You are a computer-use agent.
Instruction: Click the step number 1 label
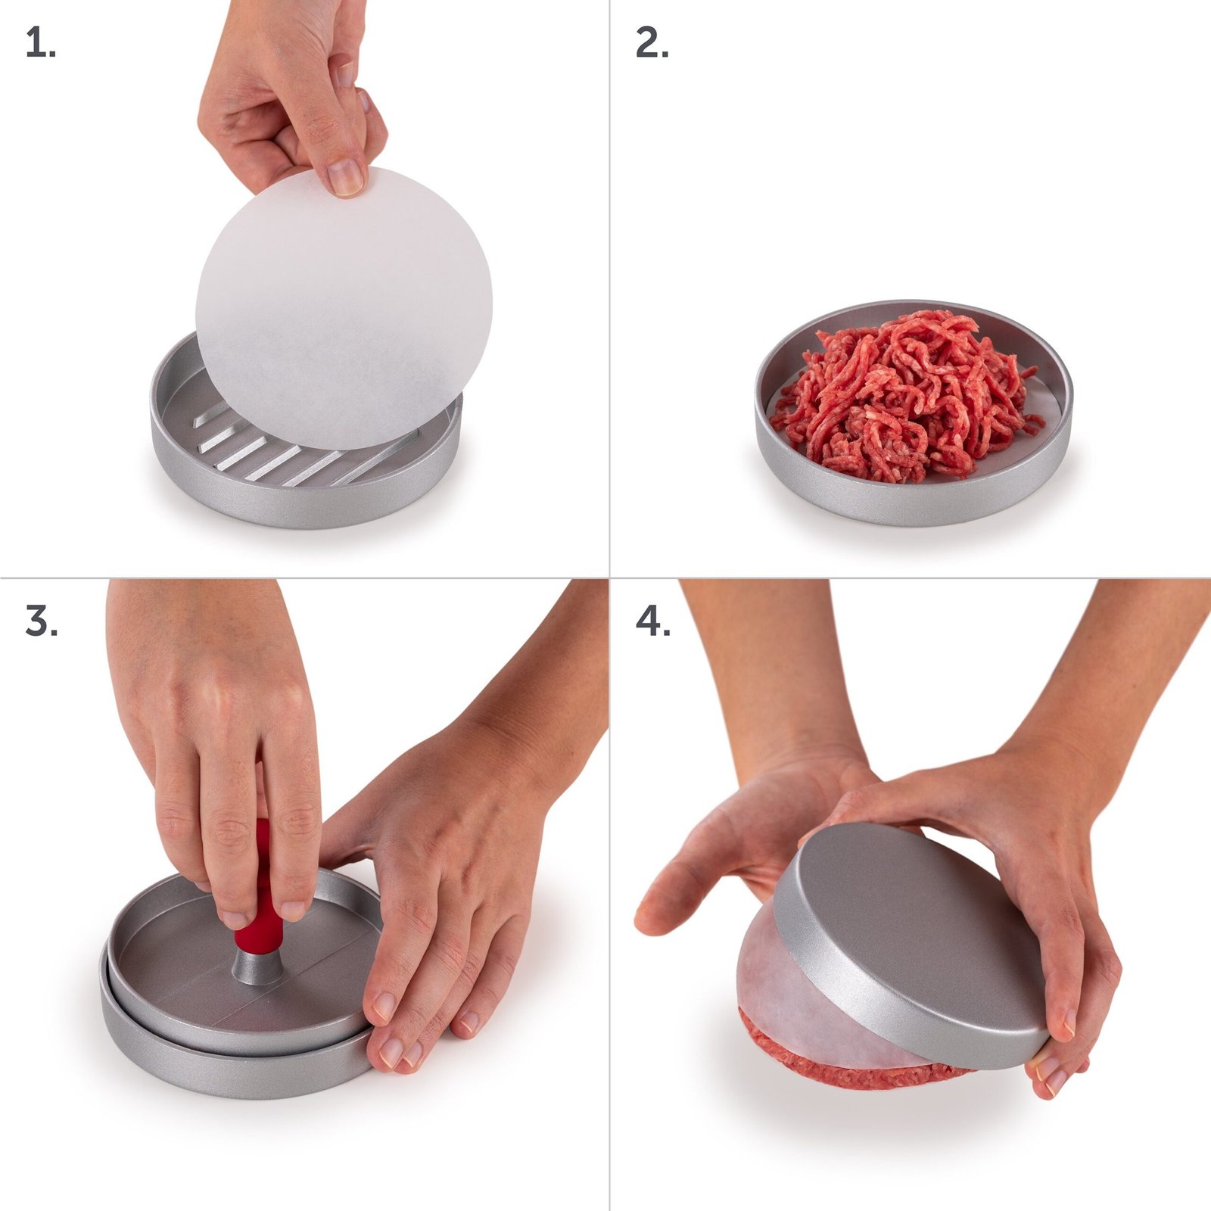pos(40,43)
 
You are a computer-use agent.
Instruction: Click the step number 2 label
pos(652,43)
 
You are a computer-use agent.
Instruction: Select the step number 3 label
pos(41,621)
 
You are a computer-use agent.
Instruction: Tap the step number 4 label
pos(652,621)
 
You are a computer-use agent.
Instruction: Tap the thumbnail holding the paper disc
pos(347,179)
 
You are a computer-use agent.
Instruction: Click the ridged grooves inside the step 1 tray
pos(303,454)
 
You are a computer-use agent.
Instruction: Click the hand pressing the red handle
pos(219,757)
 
